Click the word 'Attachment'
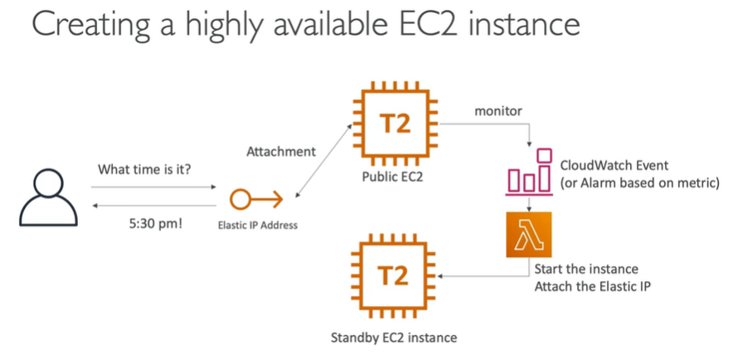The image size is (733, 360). pos(282,152)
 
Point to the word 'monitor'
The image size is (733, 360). pos(498,110)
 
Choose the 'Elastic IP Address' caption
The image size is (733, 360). pos(256,225)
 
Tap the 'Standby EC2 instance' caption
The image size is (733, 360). pos(394,338)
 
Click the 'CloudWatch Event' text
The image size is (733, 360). pos(614,165)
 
